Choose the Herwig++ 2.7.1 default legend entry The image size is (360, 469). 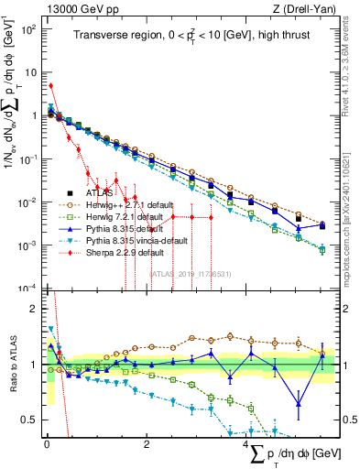(127, 205)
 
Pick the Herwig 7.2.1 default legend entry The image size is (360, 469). (125, 216)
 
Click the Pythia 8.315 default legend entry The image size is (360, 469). (125, 228)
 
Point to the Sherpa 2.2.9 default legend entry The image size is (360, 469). (125, 251)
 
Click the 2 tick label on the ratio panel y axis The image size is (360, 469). (35, 308)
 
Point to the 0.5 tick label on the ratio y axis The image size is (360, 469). (31, 420)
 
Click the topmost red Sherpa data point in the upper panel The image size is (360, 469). (51, 86)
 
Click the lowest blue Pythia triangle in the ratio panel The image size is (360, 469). (299, 404)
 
